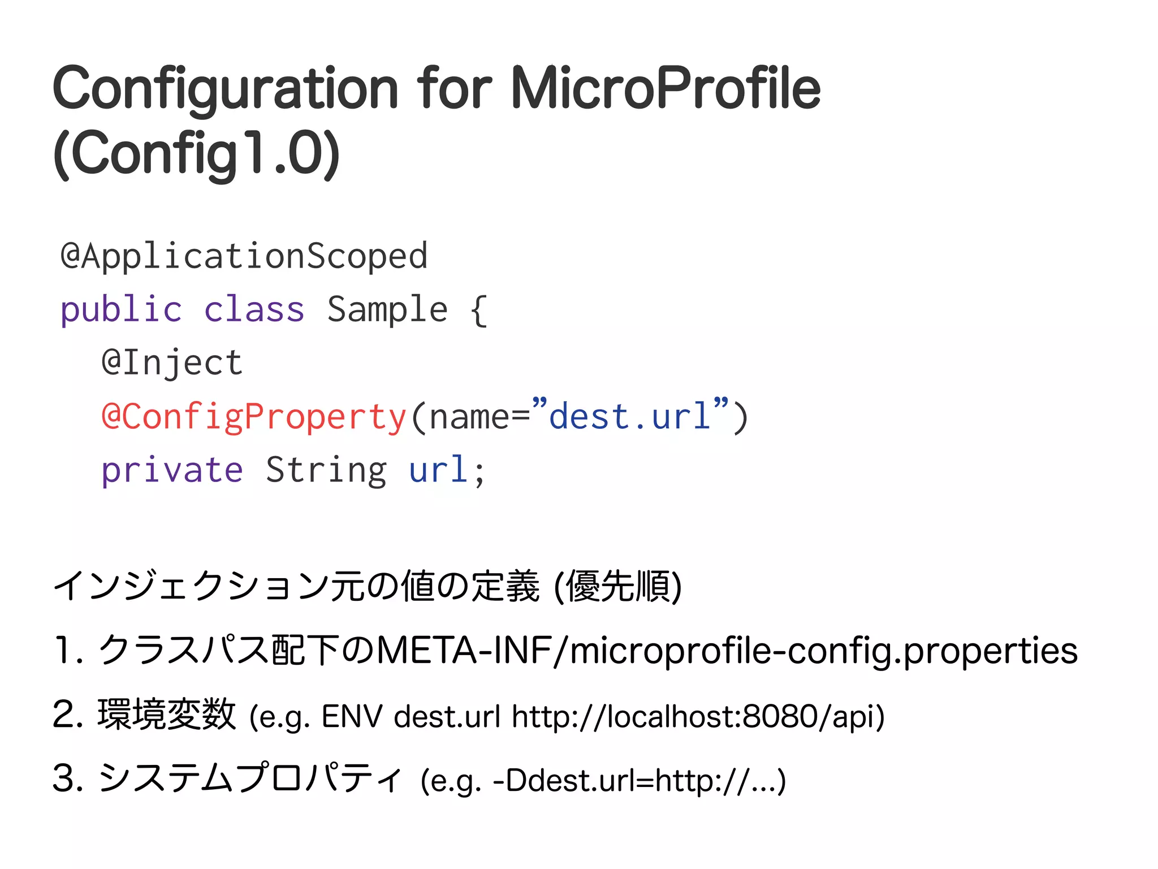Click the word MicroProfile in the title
666,88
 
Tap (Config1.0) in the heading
196,153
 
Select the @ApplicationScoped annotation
244,256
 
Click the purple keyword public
121,310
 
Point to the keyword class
254,310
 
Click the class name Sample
387,310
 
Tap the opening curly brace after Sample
478,310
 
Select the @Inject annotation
172,363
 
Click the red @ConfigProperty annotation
254,417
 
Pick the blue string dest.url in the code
629,417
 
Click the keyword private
172,470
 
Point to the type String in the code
326,470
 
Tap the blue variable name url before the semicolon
438,470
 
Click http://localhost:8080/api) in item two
698,716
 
